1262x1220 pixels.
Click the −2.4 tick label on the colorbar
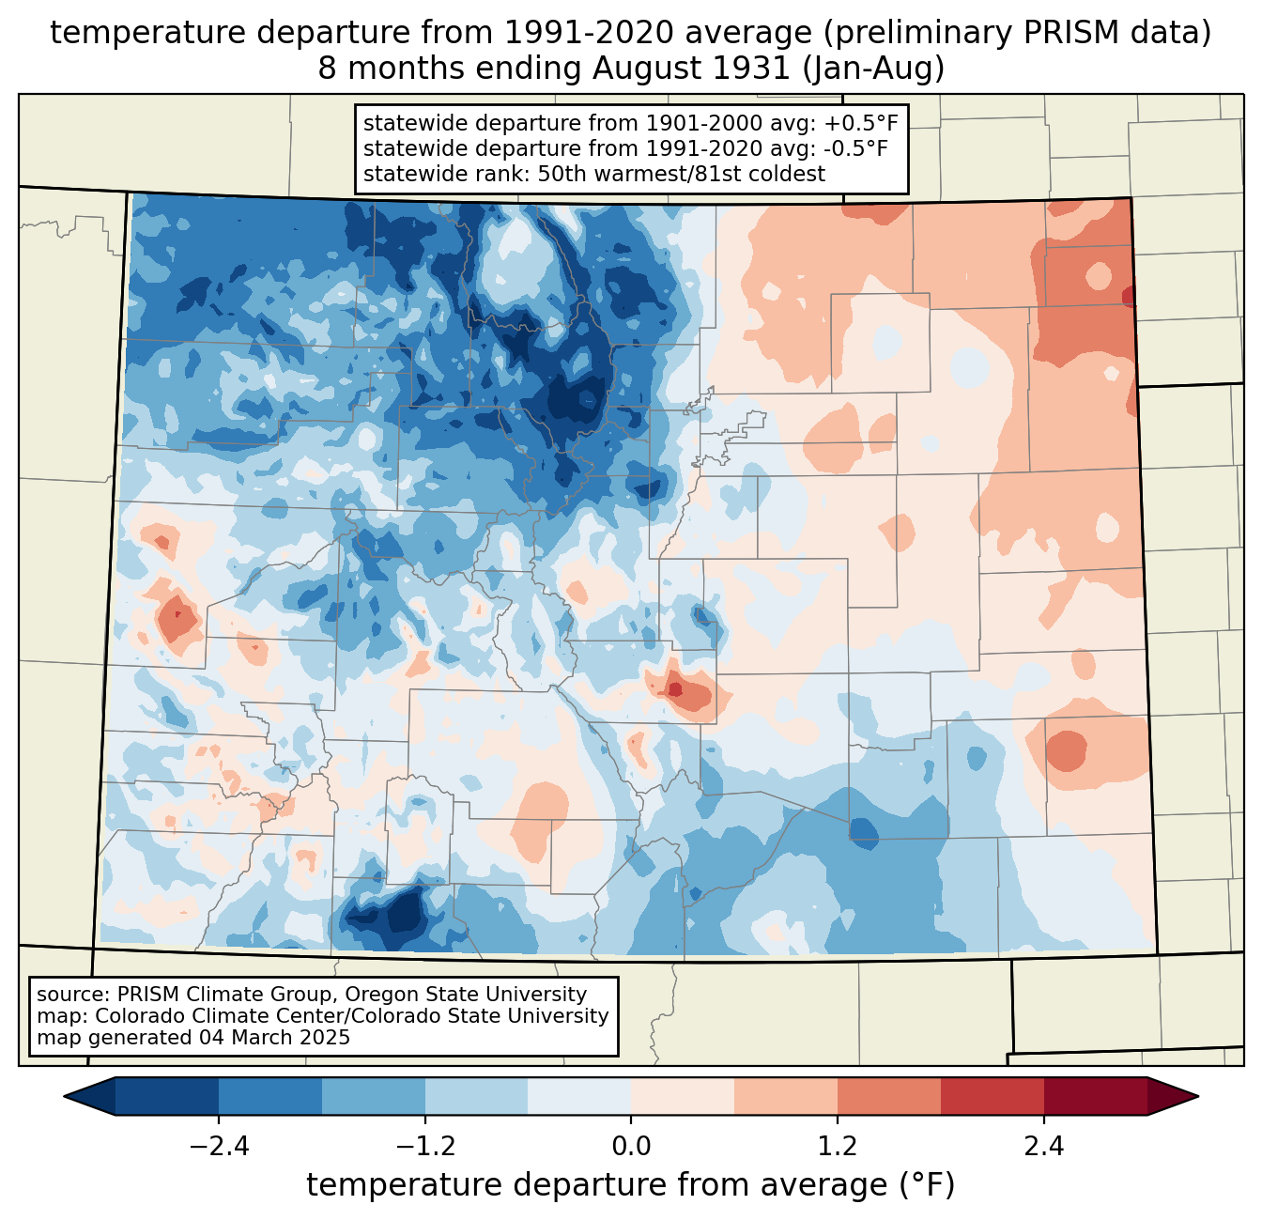coord(219,1147)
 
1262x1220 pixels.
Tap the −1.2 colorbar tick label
coord(424,1147)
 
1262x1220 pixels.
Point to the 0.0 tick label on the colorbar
coord(631,1147)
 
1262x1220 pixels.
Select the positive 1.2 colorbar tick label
coord(838,1147)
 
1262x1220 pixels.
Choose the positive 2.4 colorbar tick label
coord(1043,1147)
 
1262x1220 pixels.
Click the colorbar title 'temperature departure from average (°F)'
coord(631,1185)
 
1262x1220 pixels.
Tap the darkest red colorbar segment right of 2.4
coord(1095,1096)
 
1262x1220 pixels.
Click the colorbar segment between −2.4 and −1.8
coord(270,1096)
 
